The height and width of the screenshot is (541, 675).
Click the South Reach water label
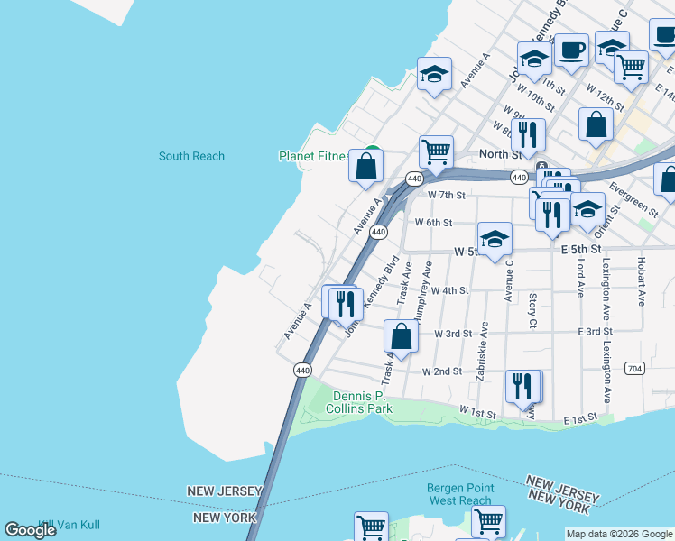tap(191, 156)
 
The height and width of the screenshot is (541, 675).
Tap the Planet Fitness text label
tap(314, 156)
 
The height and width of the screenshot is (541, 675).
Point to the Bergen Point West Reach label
tap(459, 494)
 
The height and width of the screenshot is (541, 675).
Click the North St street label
tap(495, 154)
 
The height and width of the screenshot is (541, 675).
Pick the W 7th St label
tap(447, 195)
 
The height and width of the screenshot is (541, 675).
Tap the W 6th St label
tap(433, 222)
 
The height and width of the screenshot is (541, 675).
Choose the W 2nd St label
tap(442, 371)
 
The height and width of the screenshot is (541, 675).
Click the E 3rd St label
tap(596, 332)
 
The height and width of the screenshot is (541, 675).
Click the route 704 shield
tap(634, 368)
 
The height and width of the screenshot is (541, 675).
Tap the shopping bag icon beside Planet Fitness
tap(366, 167)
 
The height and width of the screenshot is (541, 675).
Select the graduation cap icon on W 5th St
tap(495, 240)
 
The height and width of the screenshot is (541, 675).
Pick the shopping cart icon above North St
tap(436, 152)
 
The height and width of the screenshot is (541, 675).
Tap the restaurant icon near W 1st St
tap(523, 386)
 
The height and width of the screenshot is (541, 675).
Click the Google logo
tap(30, 530)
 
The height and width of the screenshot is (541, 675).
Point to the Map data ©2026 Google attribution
tap(619, 534)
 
